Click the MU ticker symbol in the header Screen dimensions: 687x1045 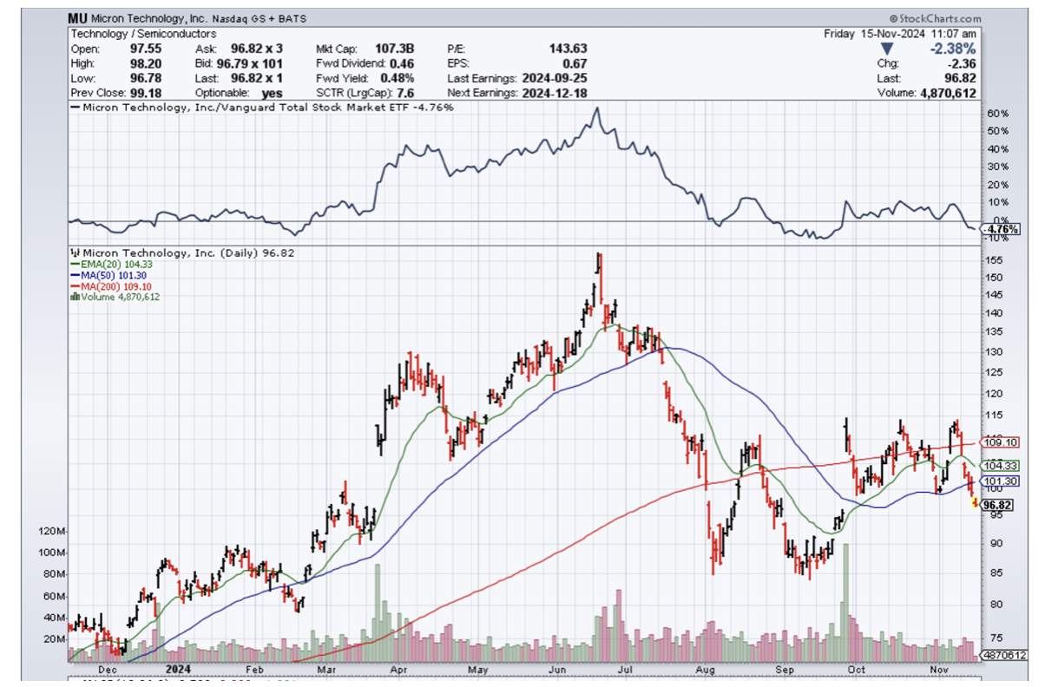click(x=78, y=18)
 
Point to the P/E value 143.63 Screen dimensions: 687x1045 click(x=569, y=49)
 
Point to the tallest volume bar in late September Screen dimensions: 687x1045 click(x=845, y=599)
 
